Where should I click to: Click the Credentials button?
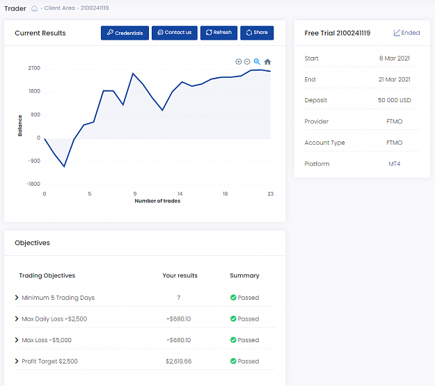click(x=125, y=33)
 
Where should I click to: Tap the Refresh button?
click(x=219, y=33)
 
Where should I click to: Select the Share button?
click(x=257, y=33)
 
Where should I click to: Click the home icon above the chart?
click(x=267, y=62)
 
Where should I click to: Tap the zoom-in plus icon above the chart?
click(x=238, y=62)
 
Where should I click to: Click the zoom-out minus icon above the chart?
click(x=247, y=62)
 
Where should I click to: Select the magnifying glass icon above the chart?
click(x=257, y=62)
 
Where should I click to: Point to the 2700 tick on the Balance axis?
click(x=34, y=68)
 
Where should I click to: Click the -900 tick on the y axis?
click(x=34, y=161)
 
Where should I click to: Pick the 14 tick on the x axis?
click(x=180, y=194)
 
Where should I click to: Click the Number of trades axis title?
click(x=157, y=201)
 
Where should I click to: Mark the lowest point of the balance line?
click(x=64, y=167)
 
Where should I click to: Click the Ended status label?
click(x=406, y=33)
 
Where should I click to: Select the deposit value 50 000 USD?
click(x=395, y=100)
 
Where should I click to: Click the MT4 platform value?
click(x=395, y=164)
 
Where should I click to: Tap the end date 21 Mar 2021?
click(x=395, y=79)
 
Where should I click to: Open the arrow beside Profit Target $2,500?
click(x=17, y=361)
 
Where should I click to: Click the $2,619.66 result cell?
click(x=179, y=362)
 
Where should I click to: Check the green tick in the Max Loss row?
click(x=233, y=340)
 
